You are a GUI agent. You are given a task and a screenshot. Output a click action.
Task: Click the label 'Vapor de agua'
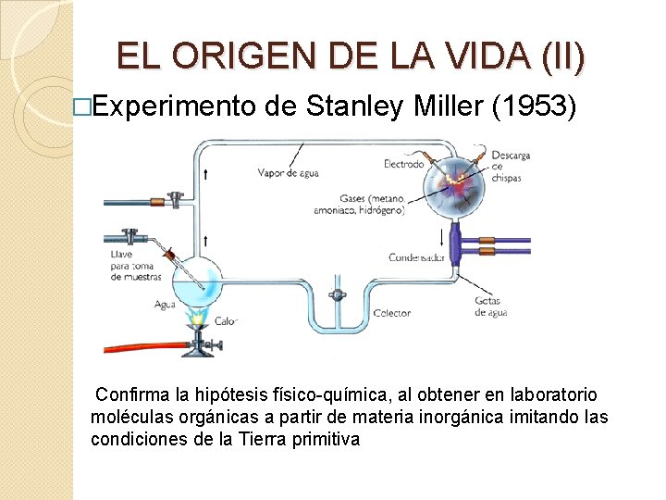point(288,172)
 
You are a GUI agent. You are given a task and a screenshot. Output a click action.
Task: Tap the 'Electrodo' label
point(403,164)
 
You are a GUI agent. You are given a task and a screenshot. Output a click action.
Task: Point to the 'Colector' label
point(391,313)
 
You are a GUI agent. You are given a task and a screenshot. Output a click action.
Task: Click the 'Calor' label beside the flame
point(226,321)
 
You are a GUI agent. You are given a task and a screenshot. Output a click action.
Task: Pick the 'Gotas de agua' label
point(490,306)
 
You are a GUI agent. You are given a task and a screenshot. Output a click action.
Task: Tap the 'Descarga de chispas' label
point(511,166)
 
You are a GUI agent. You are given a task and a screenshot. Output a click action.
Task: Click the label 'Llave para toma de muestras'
point(135,265)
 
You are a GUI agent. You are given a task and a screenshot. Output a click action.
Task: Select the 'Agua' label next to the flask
point(166,304)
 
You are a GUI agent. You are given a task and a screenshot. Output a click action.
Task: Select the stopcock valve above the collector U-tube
point(337,294)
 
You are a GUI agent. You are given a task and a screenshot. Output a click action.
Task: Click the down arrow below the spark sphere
point(453,238)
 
